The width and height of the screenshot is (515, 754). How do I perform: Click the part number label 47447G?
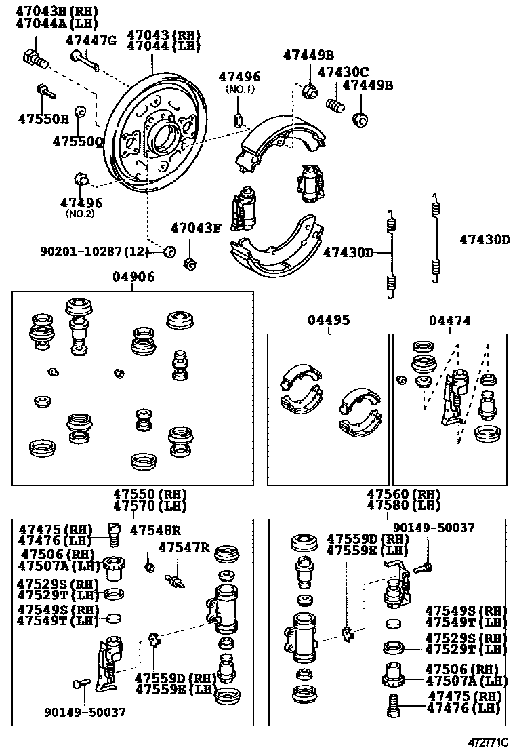tap(91, 41)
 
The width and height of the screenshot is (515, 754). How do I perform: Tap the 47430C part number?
tap(343, 72)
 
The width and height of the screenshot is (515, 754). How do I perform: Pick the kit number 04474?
tap(449, 320)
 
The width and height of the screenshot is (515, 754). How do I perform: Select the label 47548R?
tap(156, 530)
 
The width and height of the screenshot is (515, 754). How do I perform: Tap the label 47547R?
tap(184, 547)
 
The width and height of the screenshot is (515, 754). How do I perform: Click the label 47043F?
tap(196, 228)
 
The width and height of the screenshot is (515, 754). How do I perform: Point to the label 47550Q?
tap(78, 142)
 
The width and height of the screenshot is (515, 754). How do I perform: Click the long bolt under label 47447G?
tap(86, 60)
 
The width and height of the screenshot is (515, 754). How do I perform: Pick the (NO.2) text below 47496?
tap(80, 214)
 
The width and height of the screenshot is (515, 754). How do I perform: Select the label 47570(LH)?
tap(149, 506)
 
